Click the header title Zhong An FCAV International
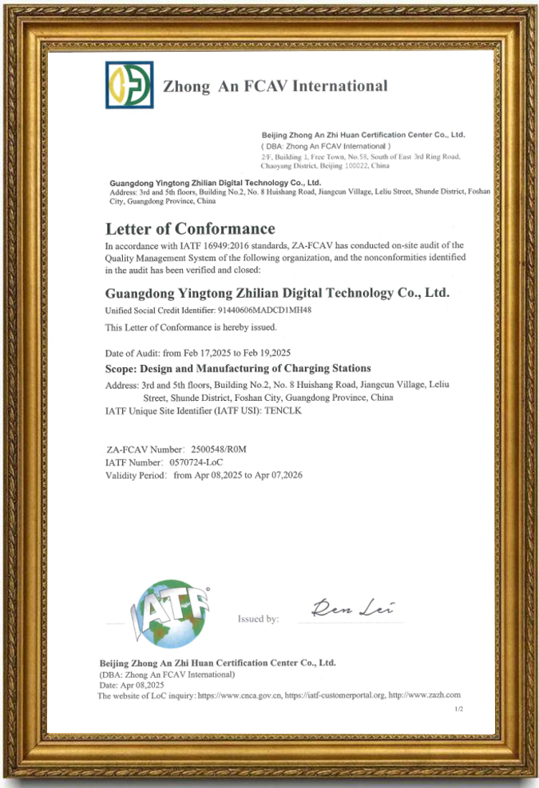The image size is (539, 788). click(x=275, y=86)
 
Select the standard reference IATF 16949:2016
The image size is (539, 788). click(x=193, y=244)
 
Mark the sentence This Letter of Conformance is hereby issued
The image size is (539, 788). click(x=191, y=328)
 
